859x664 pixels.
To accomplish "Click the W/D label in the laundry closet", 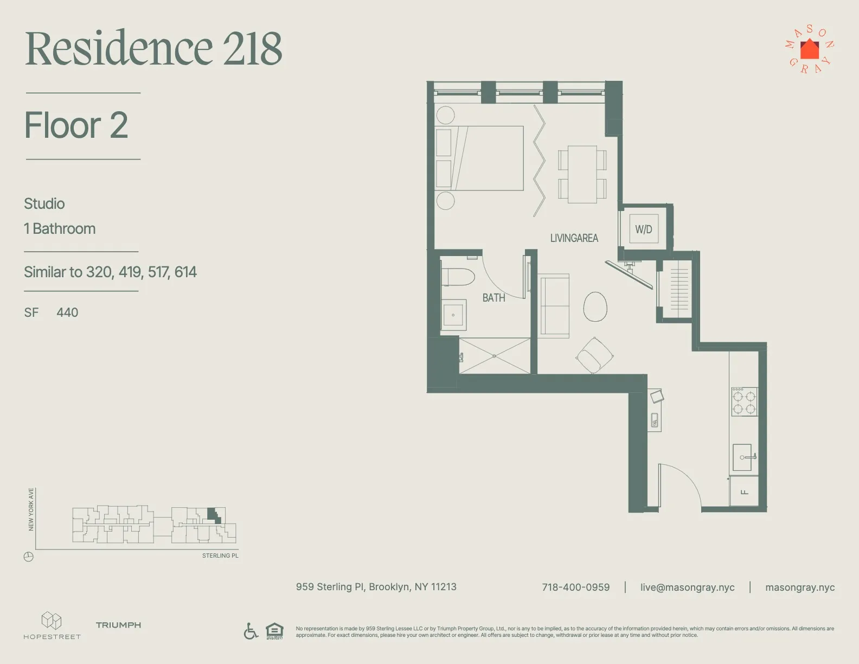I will tap(644, 229).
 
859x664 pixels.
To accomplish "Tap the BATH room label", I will tap(493, 298).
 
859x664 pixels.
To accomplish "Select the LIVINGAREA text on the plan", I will tap(574, 238).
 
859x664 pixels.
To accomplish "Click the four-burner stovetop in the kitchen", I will tap(744, 402).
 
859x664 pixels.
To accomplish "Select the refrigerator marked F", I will tap(744, 491).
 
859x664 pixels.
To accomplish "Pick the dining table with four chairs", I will tap(582, 174).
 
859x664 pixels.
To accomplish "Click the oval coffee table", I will tap(595, 307).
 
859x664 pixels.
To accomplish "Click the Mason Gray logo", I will tap(810, 49).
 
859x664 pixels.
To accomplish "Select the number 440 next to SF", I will tap(67, 312).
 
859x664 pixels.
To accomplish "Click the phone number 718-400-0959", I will tap(575, 588).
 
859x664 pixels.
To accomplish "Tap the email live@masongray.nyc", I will tap(687, 588).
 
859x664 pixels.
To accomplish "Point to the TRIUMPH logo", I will tap(118, 625).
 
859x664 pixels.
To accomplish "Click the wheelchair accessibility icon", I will tap(251, 631).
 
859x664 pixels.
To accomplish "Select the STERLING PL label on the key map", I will tap(220, 556).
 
